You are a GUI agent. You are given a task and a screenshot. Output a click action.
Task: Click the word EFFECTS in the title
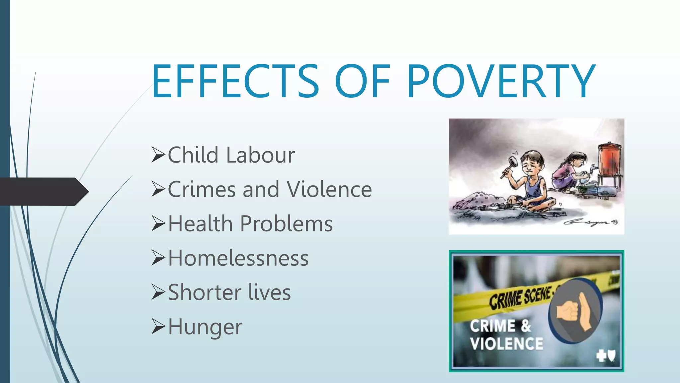[235, 81]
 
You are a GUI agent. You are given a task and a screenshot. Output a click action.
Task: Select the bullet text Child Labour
[231, 155]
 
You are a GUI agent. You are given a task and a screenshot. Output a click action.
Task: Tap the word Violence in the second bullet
[329, 190]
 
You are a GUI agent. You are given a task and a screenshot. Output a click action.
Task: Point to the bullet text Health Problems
[250, 224]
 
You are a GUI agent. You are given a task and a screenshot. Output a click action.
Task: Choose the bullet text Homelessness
[238, 258]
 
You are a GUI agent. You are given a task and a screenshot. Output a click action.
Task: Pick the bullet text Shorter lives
[229, 293]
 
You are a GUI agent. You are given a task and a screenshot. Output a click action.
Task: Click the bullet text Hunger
[205, 327]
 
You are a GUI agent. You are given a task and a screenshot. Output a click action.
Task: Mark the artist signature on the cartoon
[590, 222]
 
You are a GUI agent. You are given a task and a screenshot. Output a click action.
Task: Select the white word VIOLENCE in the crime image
[506, 344]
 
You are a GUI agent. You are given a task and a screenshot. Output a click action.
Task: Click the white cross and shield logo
[606, 356]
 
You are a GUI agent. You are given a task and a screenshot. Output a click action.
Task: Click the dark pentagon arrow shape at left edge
[43, 191]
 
